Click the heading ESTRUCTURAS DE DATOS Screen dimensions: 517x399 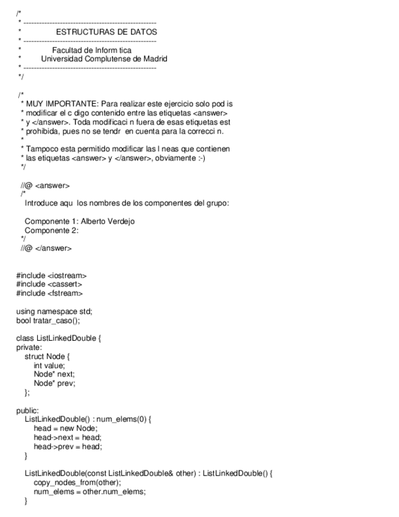[106, 31]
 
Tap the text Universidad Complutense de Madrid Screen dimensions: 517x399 [104, 59]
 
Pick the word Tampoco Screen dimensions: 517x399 [40, 149]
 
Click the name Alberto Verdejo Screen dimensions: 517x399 [108, 221]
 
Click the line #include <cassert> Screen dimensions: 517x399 [49, 284]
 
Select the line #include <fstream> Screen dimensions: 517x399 [49, 293]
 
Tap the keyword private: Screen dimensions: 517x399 [29, 347]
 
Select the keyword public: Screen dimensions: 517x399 [28, 410]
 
